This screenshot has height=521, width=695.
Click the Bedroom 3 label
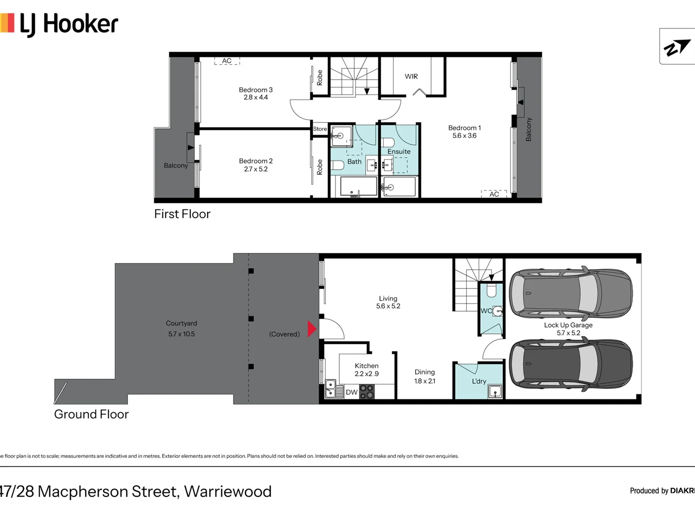255,90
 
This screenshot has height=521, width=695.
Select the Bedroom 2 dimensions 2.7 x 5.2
255,169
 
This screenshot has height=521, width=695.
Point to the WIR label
411,76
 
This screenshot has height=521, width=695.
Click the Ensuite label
399,151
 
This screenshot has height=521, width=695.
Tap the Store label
320,129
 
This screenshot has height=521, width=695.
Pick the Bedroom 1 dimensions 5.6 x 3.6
464,136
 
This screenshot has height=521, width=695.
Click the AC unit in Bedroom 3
227,61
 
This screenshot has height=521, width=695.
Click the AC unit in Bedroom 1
494,194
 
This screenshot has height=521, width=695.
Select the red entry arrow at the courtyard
312,329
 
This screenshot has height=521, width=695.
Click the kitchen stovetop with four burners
367,391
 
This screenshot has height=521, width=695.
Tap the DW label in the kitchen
351,392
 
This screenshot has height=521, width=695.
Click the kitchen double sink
331,389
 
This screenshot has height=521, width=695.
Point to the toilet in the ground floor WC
491,291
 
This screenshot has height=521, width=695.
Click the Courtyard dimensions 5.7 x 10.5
181,334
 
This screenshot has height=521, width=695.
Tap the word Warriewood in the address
228,491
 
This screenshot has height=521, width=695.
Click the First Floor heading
182,214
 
